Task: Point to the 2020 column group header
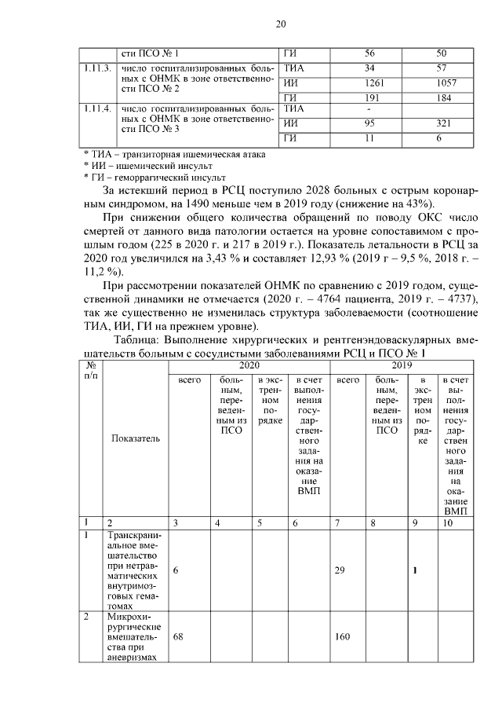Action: (x=249, y=365)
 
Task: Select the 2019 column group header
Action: (x=402, y=365)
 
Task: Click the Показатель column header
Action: (x=135, y=438)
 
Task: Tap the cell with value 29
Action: (x=340, y=571)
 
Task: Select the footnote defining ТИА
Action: (x=174, y=154)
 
